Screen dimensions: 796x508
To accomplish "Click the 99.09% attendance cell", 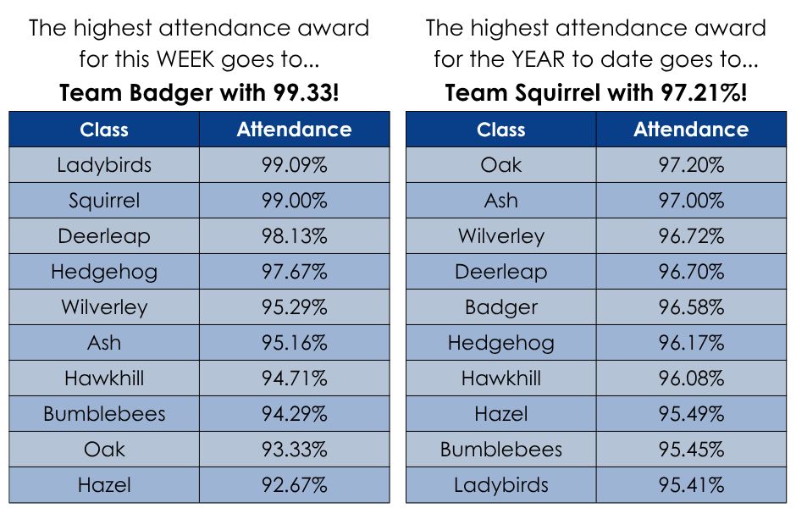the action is [x=295, y=165].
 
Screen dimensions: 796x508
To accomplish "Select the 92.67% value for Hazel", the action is [x=295, y=484].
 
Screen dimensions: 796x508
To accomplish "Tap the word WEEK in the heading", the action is [x=185, y=59].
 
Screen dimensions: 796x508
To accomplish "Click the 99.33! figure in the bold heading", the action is [x=306, y=93].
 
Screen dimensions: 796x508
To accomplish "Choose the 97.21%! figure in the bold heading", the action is [x=704, y=93].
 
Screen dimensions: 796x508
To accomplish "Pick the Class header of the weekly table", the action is [x=104, y=130].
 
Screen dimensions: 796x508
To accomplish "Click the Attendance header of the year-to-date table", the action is [x=691, y=130].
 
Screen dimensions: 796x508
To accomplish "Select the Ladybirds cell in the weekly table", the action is [x=104, y=165].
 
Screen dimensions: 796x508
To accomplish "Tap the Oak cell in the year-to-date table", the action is [x=501, y=165].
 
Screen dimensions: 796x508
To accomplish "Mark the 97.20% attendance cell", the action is [x=692, y=165].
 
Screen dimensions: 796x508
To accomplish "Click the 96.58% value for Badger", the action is [x=692, y=307].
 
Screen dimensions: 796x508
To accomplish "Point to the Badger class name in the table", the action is [x=501, y=307].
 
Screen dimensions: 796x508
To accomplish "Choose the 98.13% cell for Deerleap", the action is [x=295, y=236].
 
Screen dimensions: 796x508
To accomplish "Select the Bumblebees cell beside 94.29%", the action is [x=104, y=414].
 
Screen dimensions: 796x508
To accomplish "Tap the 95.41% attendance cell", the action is [x=692, y=484].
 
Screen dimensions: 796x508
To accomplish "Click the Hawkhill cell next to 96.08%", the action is [x=501, y=378].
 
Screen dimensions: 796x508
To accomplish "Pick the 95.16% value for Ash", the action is [x=295, y=343].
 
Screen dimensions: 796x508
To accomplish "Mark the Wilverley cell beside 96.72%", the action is [x=501, y=236].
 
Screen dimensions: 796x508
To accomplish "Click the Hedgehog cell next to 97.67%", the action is [x=104, y=272].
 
